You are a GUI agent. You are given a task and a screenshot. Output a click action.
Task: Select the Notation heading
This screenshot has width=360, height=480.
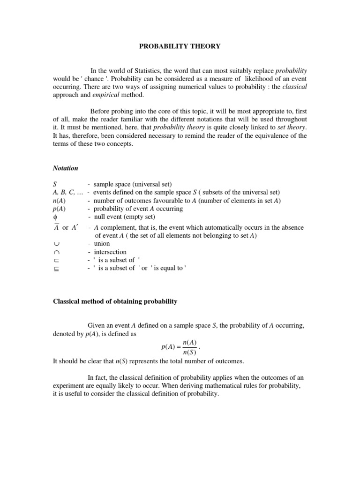pos(65,168)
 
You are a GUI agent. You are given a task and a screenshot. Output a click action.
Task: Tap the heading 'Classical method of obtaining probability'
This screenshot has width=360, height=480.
pos(114,301)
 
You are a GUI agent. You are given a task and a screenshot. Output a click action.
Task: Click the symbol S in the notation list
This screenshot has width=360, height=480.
pos(54,184)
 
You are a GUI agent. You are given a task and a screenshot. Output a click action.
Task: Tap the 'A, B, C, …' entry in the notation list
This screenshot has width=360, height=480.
pos(68,192)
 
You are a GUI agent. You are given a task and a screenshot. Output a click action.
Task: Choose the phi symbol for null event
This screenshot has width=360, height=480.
pos(55,217)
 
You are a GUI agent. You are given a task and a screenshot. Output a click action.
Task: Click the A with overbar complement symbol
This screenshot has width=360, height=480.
pos(55,227)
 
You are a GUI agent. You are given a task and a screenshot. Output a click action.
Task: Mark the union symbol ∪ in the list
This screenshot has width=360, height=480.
pos(55,244)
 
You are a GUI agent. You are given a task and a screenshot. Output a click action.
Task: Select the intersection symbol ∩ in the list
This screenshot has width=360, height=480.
pos(55,252)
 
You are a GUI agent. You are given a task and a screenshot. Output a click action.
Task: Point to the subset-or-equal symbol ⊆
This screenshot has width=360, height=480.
pos(55,268)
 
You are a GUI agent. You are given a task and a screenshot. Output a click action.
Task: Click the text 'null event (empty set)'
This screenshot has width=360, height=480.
pos(124,217)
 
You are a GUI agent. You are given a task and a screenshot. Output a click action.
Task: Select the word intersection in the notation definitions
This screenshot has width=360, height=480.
pos(110,252)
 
